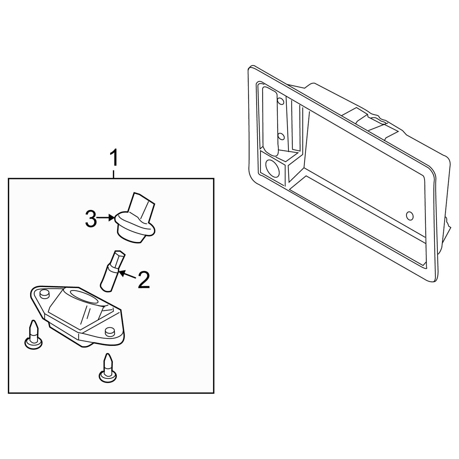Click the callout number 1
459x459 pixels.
[114, 158]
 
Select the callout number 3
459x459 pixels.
[91, 219]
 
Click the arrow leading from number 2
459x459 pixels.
[128, 274]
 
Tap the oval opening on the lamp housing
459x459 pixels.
[84, 297]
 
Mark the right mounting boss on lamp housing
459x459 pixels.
[109, 332]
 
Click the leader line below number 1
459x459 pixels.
[114, 173]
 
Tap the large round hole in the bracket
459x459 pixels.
[271, 168]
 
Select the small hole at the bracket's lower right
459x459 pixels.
[410, 216]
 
